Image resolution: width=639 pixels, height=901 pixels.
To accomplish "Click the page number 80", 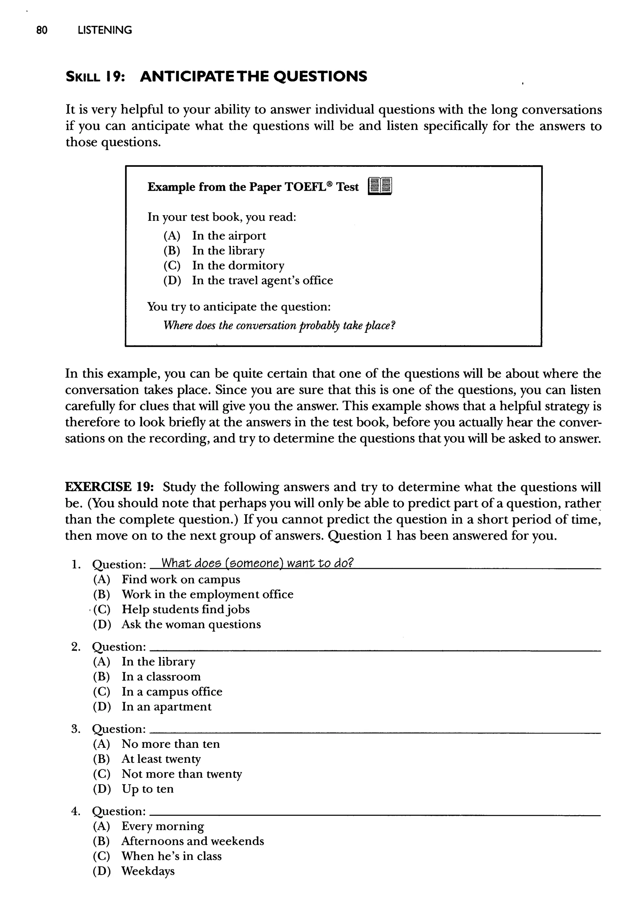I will pyautogui.click(x=42, y=30).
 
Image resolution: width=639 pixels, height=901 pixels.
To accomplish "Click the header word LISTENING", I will pyautogui.click(x=105, y=30).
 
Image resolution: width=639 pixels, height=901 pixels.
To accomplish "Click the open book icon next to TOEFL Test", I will pyautogui.click(x=380, y=186).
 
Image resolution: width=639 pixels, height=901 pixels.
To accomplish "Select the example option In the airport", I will pyautogui.click(x=229, y=236).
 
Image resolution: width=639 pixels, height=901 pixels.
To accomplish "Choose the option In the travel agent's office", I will pyautogui.click(x=262, y=280).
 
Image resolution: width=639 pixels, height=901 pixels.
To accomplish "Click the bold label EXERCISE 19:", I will pyautogui.click(x=109, y=487).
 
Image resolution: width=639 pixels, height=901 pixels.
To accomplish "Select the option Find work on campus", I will pyautogui.click(x=181, y=579).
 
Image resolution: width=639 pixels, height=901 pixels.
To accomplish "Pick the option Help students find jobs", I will pyautogui.click(x=185, y=609).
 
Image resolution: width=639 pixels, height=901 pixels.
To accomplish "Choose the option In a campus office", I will pyautogui.click(x=172, y=692).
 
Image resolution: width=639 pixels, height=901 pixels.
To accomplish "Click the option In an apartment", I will pyautogui.click(x=166, y=707).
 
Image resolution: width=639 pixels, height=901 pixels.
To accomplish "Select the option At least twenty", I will pyautogui.click(x=161, y=759).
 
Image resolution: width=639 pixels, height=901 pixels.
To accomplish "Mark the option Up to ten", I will pyautogui.click(x=148, y=789).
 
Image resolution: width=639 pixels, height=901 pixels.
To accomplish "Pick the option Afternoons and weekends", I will pyautogui.click(x=193, y=841).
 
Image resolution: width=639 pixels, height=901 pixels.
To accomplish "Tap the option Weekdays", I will pyautogui.click(x=148, y=871).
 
